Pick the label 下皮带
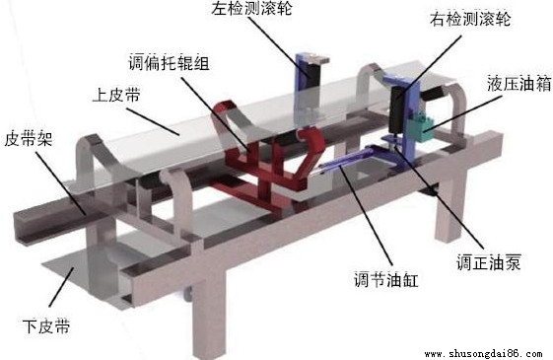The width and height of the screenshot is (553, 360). (x=45, y=323)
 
